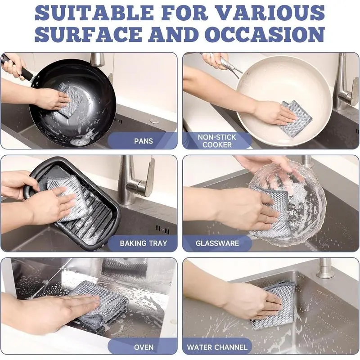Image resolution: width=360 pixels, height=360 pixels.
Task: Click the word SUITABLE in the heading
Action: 94,13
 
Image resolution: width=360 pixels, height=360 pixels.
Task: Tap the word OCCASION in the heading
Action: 265,34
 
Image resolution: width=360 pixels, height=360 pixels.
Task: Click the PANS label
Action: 144,141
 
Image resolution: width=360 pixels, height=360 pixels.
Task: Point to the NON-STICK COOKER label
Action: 217,141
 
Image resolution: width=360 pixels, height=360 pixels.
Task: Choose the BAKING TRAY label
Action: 144,243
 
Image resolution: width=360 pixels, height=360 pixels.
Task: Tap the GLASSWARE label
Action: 217,243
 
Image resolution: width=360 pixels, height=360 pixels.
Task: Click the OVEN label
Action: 144,347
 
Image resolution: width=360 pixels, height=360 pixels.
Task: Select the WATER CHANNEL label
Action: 217,347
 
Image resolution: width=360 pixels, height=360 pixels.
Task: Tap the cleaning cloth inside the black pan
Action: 70,100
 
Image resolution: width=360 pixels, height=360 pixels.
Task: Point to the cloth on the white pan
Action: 296,116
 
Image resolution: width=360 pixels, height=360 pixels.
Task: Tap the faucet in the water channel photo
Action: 324,268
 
